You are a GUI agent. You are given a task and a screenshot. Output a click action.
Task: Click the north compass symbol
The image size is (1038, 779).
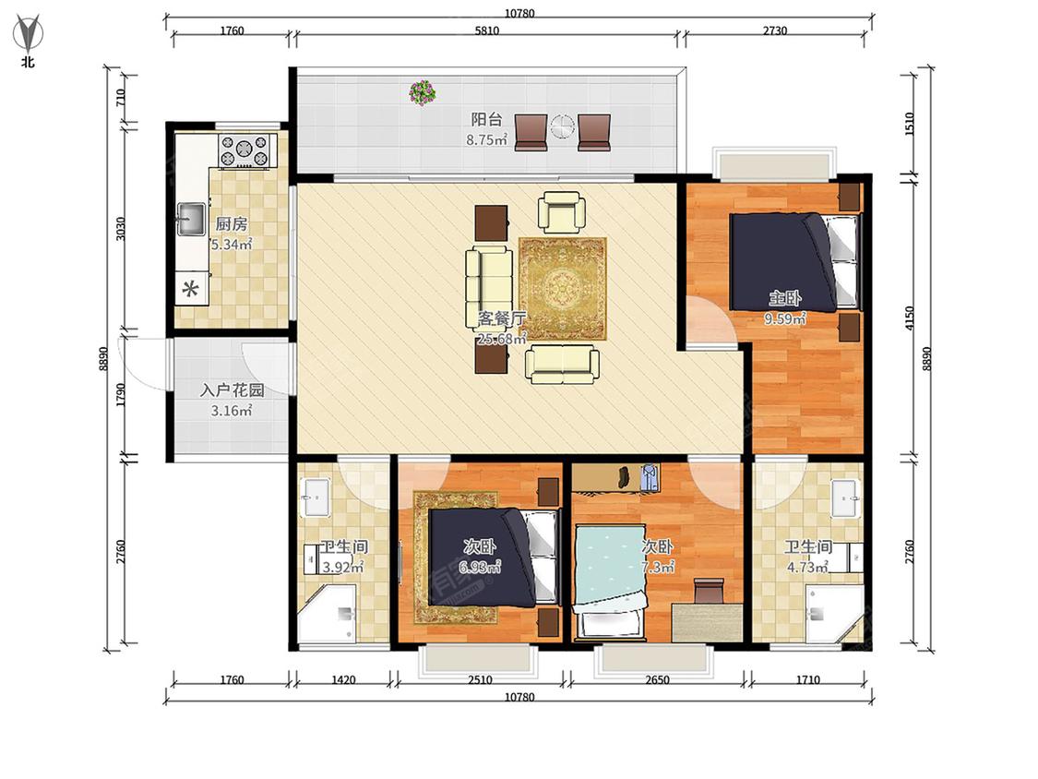click(x=28, y=34)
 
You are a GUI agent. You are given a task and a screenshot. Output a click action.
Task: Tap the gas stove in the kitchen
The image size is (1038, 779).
click(x=245, y=150)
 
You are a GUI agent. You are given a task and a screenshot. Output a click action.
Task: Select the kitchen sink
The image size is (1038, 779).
click(x=191, y=219)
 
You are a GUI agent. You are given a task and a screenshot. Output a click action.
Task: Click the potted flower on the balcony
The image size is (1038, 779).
click(x=423, y=92)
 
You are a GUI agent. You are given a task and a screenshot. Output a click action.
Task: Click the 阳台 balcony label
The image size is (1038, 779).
click(x=486, y=119)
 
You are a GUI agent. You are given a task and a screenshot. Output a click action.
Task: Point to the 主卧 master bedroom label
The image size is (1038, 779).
click(x=784, y=298)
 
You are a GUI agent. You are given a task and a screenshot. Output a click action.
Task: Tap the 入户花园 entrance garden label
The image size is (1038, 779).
click(x=232, y=390)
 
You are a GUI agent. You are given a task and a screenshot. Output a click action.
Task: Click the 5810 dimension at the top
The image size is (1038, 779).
click(x=486, y=30)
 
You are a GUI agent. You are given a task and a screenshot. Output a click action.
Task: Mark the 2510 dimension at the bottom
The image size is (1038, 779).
click(x=480, y=679)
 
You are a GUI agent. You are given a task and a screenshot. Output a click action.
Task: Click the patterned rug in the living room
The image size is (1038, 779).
click(x=563, y=289)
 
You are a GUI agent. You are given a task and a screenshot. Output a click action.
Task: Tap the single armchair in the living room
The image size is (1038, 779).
click(x=561, y=212)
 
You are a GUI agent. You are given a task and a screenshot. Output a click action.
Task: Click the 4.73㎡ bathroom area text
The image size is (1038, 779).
click(x=807, y=568)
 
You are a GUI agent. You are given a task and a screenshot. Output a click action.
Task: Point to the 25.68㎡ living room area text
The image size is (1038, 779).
click(x=501, y=339)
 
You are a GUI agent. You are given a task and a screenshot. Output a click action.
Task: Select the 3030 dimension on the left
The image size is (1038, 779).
click(x=121, y=229)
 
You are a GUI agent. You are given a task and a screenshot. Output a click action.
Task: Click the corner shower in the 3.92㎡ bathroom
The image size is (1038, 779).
click(x=327, y=613)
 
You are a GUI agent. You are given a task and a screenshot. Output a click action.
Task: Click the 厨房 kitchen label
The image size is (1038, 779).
click(x=232, y=224)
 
